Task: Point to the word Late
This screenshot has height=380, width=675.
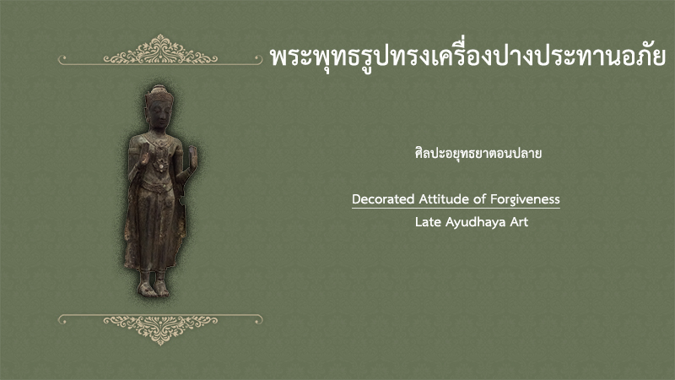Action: (x=429, y=222)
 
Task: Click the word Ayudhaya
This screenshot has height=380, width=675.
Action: (x=476, y=222)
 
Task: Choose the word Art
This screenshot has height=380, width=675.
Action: (x=519, y=222)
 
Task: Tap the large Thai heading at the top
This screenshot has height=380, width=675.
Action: (x=467, y=57)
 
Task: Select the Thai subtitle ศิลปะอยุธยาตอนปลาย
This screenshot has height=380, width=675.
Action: (x=478, y=153)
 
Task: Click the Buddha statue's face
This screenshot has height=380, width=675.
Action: (x=159, y=115)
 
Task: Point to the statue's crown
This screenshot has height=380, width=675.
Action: (x=159, y=93)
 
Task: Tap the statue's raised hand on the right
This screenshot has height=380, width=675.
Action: (x=193, y=157)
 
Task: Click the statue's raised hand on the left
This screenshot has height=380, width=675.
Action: (x=143, y=155)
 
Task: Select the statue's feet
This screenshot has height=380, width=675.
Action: (x=154, y=288)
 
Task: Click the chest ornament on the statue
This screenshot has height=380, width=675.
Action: (x=161, y=164)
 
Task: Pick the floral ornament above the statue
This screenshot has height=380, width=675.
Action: (x=160, y=50)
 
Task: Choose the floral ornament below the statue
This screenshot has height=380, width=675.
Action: (x=160, y=329)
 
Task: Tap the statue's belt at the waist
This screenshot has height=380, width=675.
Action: (x=157, y=187)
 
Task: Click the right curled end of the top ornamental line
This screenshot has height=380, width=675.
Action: (x=259, y=59)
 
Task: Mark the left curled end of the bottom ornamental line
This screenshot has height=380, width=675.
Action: (x=62, y=319)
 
